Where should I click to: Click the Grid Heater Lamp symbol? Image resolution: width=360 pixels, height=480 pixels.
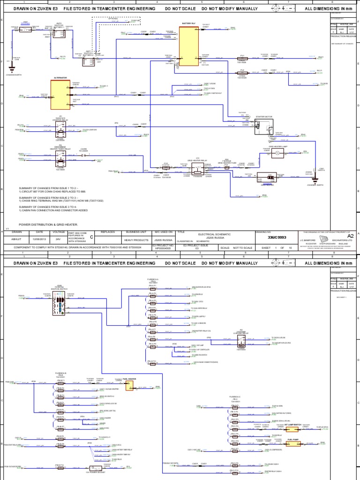[277, 153]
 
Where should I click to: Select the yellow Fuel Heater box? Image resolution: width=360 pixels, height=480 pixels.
[128, 384]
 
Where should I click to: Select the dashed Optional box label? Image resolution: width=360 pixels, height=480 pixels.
[113, 19]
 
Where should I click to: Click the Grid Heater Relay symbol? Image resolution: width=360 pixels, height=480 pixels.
[197, 168]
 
